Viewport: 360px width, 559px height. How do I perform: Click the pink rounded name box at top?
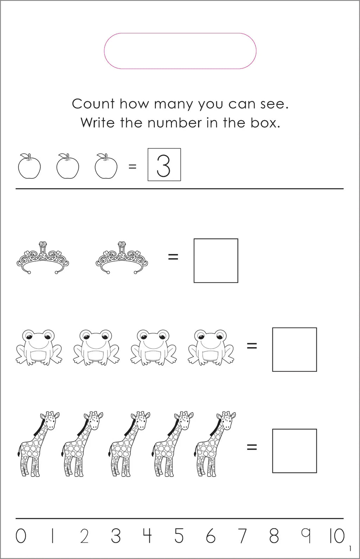[x=180, y=51]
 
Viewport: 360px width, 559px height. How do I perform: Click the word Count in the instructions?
[x=93, y=104]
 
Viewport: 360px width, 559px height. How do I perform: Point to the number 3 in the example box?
[x=164, y=165]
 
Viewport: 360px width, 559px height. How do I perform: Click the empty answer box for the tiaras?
[x=216, y=261]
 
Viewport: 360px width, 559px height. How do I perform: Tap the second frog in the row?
[x=96, y=347]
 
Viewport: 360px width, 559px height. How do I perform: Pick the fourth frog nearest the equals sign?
[x=211, y=347]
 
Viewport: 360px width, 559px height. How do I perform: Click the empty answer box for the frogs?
[x=295, y=350]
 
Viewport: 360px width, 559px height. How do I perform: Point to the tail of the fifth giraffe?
[x=195, y=453]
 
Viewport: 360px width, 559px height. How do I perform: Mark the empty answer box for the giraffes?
[x=295, y=451]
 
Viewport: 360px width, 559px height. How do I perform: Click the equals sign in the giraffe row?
[x=252, y=447]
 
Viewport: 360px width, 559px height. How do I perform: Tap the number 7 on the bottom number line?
[x=242, y=536]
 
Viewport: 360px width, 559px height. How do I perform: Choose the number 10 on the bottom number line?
[x=336, y=536]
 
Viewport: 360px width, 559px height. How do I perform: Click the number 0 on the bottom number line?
[x=21, y=536]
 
